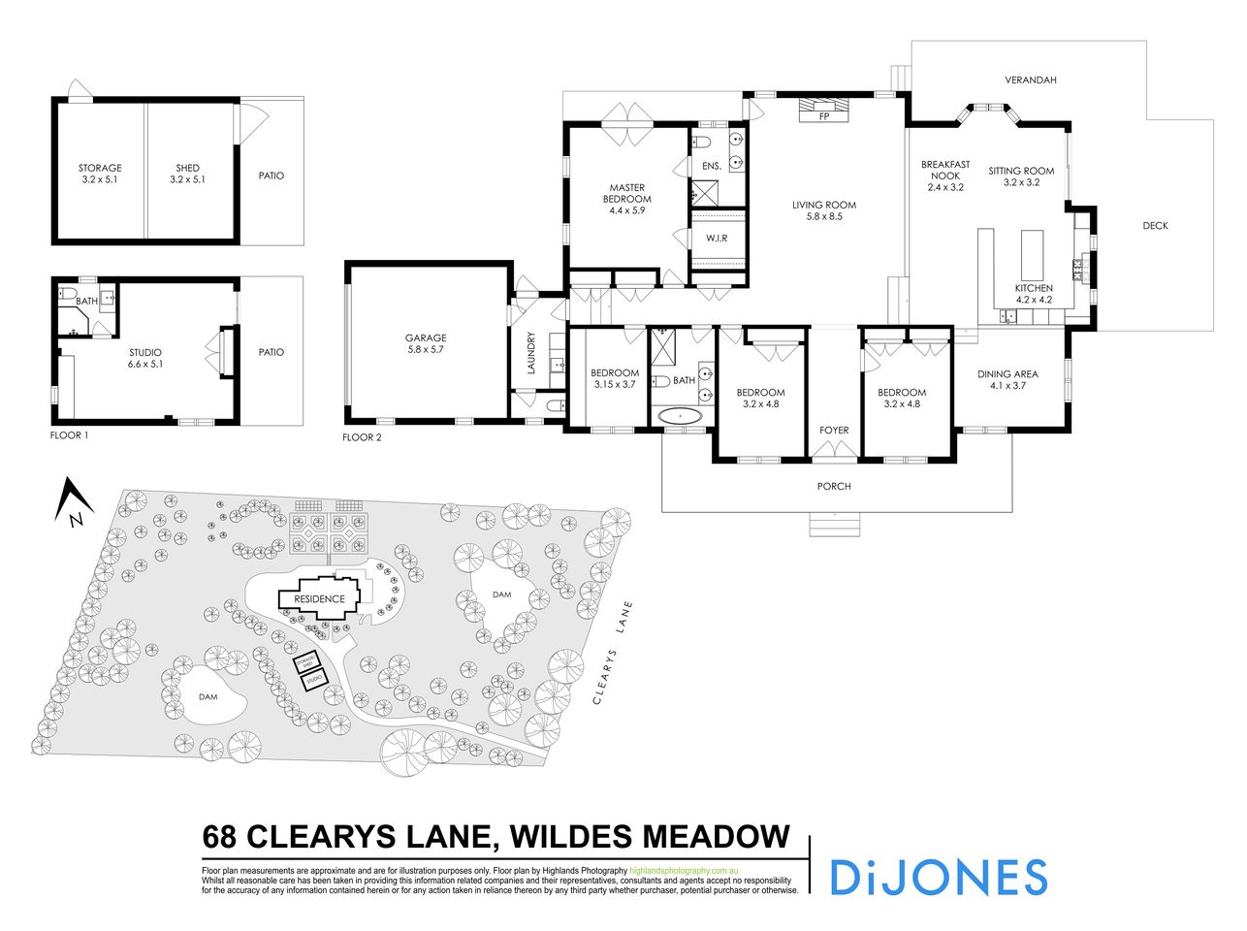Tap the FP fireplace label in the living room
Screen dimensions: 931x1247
coord(824,116)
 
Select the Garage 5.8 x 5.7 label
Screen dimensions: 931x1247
coord(425,344)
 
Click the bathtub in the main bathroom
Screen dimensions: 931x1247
coord(682,416)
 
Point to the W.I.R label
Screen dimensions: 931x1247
coord(717,238)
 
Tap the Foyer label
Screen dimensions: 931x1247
coord(834,430)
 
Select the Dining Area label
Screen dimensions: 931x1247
coord(1007,379)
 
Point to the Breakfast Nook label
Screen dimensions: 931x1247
coord(944,176)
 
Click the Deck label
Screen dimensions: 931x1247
coord(1155,226)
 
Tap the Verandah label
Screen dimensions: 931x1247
coord(1030,80)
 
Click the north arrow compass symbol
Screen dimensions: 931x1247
coord(74,504)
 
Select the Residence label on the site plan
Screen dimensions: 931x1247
coord(319,599)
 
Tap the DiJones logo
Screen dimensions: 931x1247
coord(938,877)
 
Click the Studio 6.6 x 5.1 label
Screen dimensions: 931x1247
coord(144,358)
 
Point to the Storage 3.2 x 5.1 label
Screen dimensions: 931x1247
coord(100,174)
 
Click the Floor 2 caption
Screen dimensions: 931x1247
coord(362,437)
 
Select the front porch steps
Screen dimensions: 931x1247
coord(835,525)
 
